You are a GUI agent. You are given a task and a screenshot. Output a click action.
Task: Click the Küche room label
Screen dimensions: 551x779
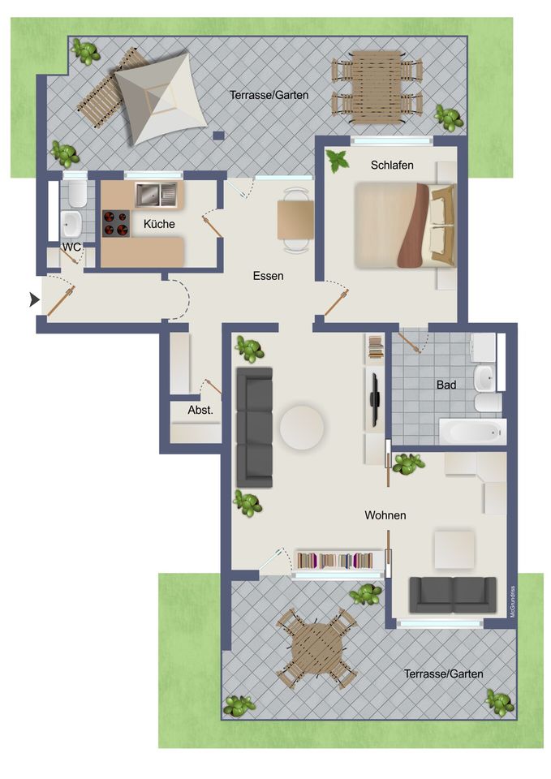[x=159, y=224]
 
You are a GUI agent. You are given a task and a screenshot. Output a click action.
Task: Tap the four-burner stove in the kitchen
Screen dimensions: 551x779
[x=116, y=224]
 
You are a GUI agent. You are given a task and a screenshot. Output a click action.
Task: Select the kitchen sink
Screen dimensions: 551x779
[x=156, y=195]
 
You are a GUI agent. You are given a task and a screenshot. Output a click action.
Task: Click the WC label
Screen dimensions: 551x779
[x=71, y=247]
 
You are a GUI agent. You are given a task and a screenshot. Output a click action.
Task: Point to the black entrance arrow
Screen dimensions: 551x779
[x=34, y=299]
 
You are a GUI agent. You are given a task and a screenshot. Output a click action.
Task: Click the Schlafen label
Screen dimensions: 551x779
[x=392, y=165]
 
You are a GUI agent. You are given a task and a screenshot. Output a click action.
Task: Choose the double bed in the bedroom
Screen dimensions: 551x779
[x=406, y=226]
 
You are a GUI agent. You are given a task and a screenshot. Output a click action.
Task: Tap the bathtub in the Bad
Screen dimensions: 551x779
[x=472, y=432]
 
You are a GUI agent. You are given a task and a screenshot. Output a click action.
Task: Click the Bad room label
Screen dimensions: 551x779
[x=446, y=385]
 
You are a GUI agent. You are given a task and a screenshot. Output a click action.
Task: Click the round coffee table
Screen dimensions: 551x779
[x=302, y=428]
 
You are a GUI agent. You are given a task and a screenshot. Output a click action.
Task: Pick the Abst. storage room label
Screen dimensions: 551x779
[x=200, y=411]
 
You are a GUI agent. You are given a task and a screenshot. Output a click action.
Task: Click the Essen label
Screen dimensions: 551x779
[x=269, y=276]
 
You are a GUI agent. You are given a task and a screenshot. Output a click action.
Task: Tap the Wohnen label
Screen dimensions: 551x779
[x=385, y=515]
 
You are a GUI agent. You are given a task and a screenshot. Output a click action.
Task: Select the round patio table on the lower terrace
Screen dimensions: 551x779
[x=317, y=648]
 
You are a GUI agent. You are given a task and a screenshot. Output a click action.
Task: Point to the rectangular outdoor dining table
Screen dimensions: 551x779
[x=377, y=88]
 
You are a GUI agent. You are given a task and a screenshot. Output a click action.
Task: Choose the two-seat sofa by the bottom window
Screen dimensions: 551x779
[x=453, y=595]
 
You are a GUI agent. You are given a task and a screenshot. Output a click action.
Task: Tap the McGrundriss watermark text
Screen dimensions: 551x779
[x=513, y=601]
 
